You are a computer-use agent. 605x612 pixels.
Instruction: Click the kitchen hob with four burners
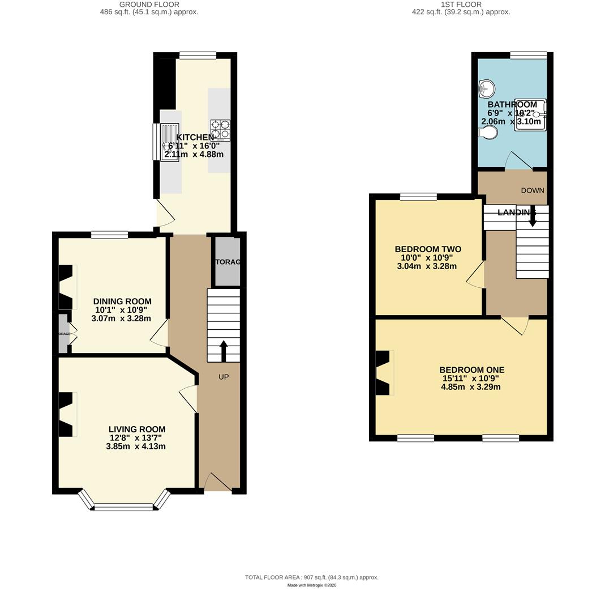[x=220, y=130]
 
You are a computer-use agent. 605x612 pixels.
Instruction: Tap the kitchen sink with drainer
[x=169, y=142]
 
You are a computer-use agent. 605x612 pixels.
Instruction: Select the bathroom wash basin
[x=487, y=89]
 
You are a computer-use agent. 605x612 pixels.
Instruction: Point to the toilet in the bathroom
[x=488, y=133]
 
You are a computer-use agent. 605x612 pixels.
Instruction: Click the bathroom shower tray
[x=530, y=115]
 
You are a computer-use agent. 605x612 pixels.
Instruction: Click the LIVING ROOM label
[x=137, y=430]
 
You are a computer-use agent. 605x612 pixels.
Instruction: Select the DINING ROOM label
[x=122, y=301]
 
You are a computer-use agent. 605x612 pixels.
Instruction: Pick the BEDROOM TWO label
[x=428, y=249]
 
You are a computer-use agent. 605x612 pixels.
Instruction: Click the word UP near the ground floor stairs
[x=224, y=377]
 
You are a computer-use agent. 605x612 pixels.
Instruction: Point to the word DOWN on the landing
[x=533, y=190]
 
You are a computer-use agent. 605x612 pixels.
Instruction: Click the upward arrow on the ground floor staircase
[x=224, y=350]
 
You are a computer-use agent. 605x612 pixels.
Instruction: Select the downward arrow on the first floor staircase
[x=533, y=218]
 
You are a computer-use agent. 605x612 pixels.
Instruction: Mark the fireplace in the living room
[x=67, y=415]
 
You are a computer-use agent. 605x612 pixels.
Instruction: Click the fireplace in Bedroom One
[x=384, y=373]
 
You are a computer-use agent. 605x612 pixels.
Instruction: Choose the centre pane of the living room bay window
[x=123, y=507]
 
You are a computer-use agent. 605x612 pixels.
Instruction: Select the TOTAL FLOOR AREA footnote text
[x=311, y=577]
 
